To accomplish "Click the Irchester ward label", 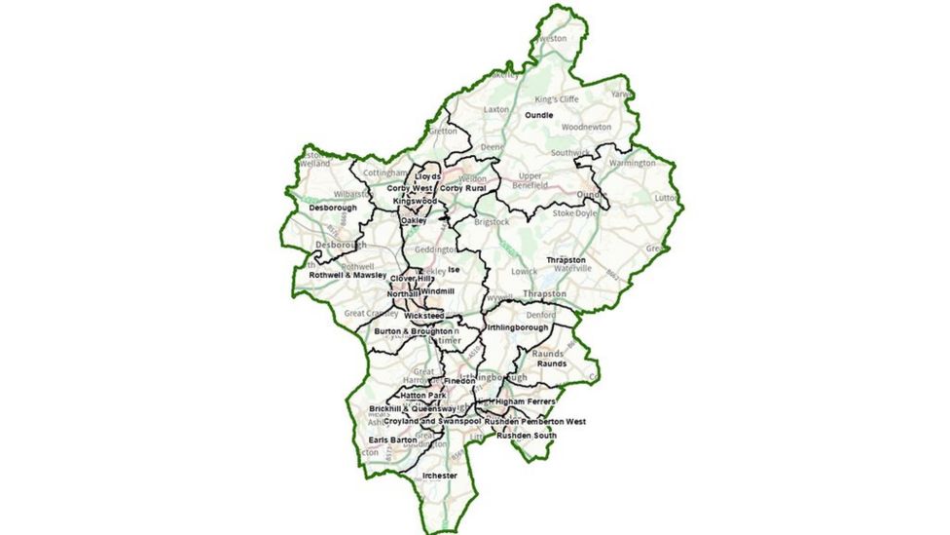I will pyautogui.click(x=439, y=475).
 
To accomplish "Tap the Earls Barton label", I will pyautogui.click(x=392, y=440).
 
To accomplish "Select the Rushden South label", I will pyautogui.click(x=526, y=435).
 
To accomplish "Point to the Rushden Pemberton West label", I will pyautogui.click(x=542, y=421).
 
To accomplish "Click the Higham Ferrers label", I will pyautogui.click(x=526, y=401).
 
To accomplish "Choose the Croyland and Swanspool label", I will pyautogui.click(x=432, y=421).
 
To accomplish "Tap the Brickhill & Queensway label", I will pyautogui.click(x=414, y=408).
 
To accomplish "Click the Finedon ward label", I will pyautogui.click(x=459, y=380).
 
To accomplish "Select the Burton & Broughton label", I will pyautogui.click(x=413, y=331).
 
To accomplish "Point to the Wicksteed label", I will pyautogui.click(x=424, y=317).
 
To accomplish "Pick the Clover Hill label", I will pyautogui.click(x=410, y=279).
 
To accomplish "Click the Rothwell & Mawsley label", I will pyautogui.click(x=347, y=275).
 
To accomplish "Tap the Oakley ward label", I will pyautogui.click(x=414, y=221).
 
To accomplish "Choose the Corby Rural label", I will pyautogui.click(x=461, y=188).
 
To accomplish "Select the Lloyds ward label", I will pyautogui.click(x=427, y=176).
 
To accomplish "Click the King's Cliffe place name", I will pyautogui.click(x=557, y=99).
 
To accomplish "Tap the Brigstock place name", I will pyautogui.click(x=492, y=221).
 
